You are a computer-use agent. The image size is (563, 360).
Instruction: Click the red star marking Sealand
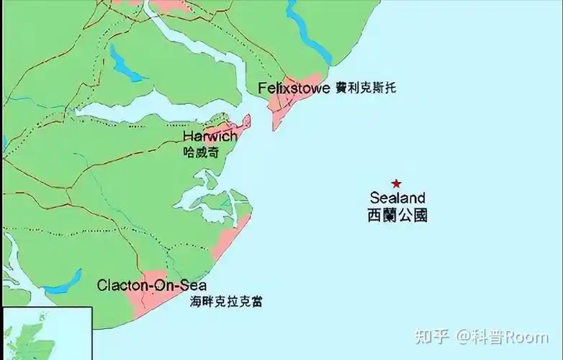(x=395, y=184)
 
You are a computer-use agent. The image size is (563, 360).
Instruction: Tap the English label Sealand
(x=397, y=198)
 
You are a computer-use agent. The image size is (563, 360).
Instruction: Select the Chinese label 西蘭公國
(x=397, y=215)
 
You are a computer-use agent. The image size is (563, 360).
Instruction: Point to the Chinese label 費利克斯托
(x=366, y=89)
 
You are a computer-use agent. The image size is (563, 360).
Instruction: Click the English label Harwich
(x=210, y=136)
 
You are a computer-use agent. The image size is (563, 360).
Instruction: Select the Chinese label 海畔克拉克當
(x=226, y=301)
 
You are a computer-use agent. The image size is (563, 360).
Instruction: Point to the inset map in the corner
(x=46, y=334)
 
